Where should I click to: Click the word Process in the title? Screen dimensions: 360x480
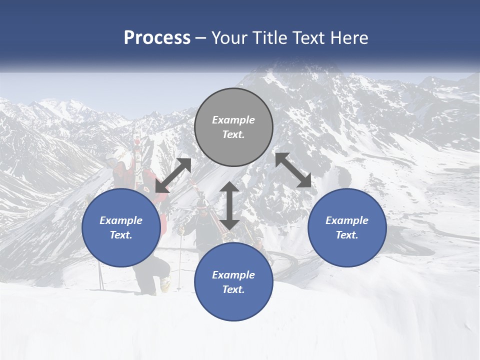pyautogui.click(x=157, y=37)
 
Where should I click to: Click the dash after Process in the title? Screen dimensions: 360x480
pyautogui.click(x=200, y=38)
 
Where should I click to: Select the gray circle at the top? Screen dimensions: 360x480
pyautogui.click(x=233, y=127)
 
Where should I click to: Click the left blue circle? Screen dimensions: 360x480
pyautogui.click(x=121, y=228)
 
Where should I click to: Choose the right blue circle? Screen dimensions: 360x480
pyautogui.click(x=347, y=228)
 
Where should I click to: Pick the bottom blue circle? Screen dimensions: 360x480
pyautogui.click(x=233, y=282)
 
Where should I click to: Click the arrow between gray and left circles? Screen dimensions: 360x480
pyautogui.click(x=173, y=175)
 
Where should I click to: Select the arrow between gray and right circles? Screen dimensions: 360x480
pyautogui.click(x=293, y=170)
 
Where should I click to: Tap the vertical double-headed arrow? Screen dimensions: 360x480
pyautogui.click(x=229, y=205)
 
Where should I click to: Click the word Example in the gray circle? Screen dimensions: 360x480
pyautogui.click(x=233, y=120)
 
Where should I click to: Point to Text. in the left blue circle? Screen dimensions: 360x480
pyautogui.click(x=121, y=235)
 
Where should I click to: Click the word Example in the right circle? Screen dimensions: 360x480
pyautogui.click(x=347, y=220)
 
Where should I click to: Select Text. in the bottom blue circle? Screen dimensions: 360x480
pyautogui.click(x=233, y=289)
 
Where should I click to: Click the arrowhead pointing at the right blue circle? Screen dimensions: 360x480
pyautogui.click(x=304, y=181)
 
